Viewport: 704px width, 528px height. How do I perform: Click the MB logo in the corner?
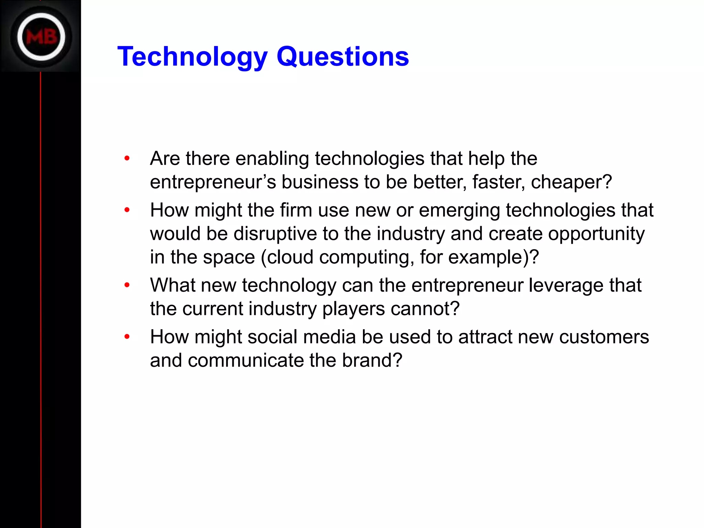(41, 36)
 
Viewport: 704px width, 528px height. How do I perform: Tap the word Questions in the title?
(343, 57)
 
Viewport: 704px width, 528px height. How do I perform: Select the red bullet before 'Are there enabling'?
(127, 158)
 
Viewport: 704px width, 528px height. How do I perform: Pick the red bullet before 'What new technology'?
(127, 285)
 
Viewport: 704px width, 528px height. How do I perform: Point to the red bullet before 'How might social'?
(127, 337)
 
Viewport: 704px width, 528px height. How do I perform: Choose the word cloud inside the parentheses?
(290, 257)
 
